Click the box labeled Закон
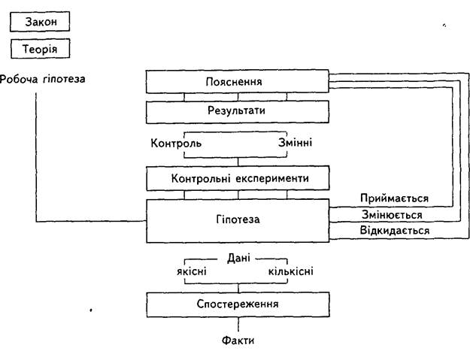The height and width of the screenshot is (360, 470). (40, 22)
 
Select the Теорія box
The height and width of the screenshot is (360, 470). (40, 49)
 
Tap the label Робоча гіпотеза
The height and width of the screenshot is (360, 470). (43, 79)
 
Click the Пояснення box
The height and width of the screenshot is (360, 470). (238, 81)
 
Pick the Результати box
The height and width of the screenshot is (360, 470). (238, 112)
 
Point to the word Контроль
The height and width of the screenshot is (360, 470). (176, 143)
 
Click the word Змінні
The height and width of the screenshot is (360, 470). (296, 142)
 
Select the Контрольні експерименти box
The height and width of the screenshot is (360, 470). (238, 178)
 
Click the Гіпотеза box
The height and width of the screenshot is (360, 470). (238, 221)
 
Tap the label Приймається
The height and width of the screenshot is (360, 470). (395, 198)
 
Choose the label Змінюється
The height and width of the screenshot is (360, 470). (392, 215)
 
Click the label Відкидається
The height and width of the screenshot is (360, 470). (395, 230)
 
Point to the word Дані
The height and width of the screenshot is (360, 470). (238, 258)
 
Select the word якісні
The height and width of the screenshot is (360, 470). (192, 271)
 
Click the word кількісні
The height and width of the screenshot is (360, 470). (291, 271)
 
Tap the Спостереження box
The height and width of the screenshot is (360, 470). (238, 304)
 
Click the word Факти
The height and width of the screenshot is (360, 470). (238, 340)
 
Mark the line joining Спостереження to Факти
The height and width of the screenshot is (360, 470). (238, 325)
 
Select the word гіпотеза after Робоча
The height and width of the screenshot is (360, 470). (64, 79)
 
